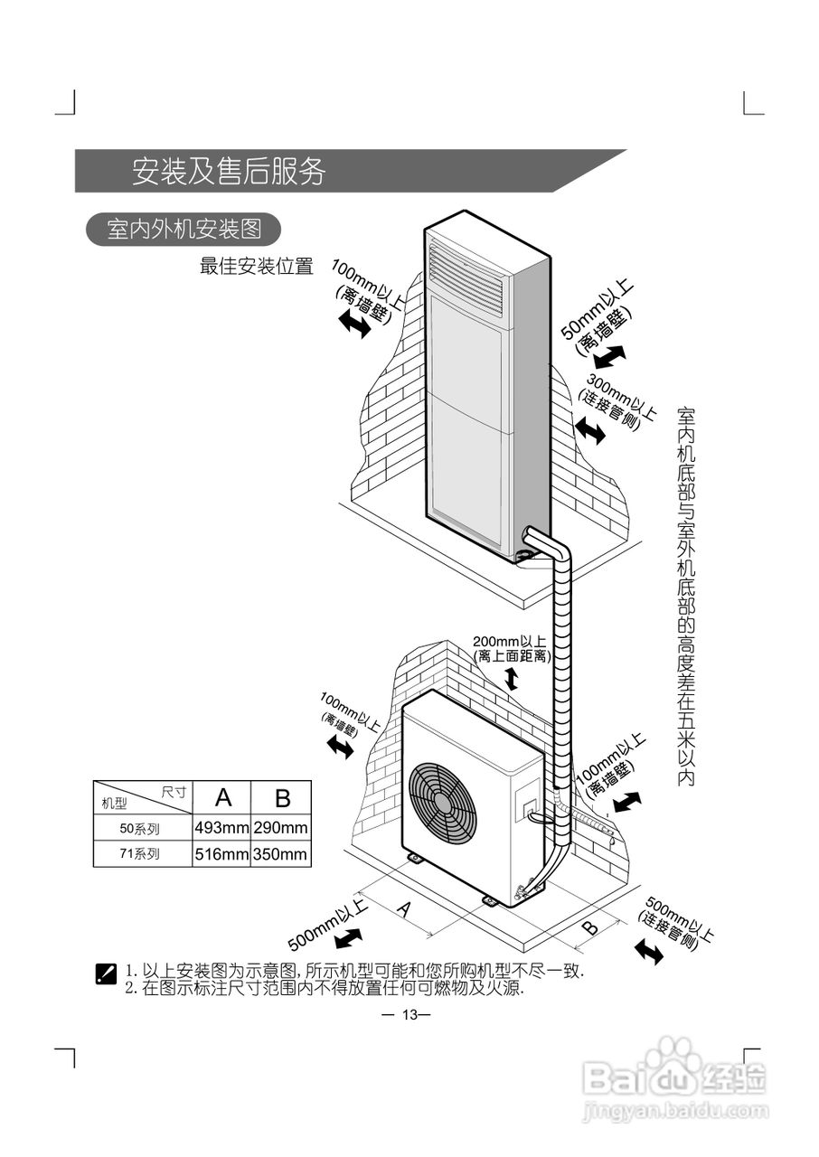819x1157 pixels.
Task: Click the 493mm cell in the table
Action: tap(221, 827)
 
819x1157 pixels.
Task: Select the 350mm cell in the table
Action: tap(280, 854)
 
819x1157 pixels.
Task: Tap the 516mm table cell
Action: tap(221, 854)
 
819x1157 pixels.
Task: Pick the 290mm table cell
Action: tap(280, 827)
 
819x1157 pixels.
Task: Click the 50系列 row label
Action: tap(140, 827)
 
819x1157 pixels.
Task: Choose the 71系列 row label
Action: tap(140, 854)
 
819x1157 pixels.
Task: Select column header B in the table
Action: tap(282, 797)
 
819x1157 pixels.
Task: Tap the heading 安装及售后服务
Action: tap(229, 172)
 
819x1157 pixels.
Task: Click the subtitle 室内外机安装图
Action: tap(184, 230)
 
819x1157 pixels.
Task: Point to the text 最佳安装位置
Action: tap(256, 267)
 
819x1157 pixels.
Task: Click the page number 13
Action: tap(409, 1014)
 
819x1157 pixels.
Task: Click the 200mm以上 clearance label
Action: tap(511, 642)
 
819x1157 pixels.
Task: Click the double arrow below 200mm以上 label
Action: tap(512, 679)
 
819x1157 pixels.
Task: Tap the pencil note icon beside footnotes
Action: tap(106, 974)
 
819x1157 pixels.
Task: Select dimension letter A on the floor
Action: tap(404, 910)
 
